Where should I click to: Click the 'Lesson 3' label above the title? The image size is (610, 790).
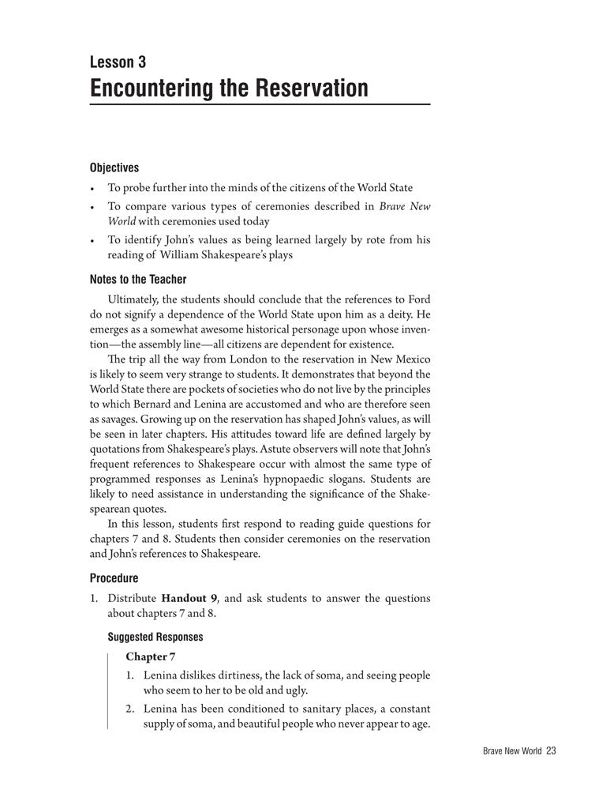click(x=118, y=62)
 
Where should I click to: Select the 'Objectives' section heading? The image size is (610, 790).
click(x=114, y=167)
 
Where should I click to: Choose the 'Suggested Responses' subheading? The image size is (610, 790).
click(x=155, y=637)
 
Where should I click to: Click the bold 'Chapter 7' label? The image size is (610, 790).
click(x=146, y=656)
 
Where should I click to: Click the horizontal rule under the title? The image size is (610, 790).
click(x=260, y=104)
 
